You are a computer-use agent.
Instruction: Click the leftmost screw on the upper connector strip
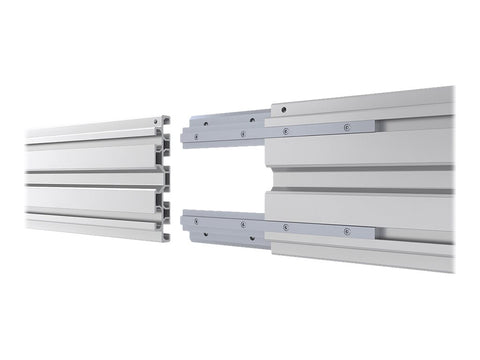[196, 135]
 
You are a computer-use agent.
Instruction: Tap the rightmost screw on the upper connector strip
[347, 127]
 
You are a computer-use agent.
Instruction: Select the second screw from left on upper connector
[241, 133]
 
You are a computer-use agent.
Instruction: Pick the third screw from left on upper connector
[286, 130]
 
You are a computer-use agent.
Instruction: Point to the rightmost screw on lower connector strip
[347, 232]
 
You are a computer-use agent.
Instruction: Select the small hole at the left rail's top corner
[159, 122]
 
